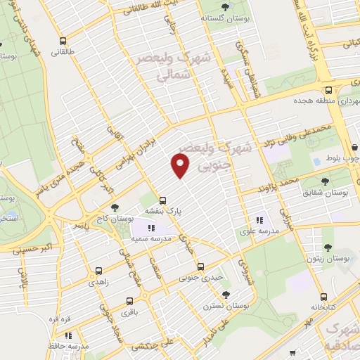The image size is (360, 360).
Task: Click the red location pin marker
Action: coord(181,166)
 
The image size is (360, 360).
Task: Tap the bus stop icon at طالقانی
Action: coord(63,41)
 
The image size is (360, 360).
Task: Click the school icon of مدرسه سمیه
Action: coord(150,226)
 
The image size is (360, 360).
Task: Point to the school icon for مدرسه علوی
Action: coord(259,218)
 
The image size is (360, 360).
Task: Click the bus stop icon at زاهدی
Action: coord(98,270)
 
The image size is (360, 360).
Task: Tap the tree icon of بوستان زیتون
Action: coord(327,247)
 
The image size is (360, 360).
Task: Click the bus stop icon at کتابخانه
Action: coord(323,297)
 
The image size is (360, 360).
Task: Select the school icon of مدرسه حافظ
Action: coord(83,334)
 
